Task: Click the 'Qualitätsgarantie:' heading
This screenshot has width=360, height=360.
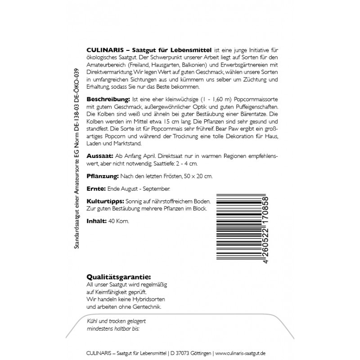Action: click(x=118, y=277)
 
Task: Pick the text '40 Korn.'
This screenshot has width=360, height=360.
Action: click(x=118, y=221)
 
